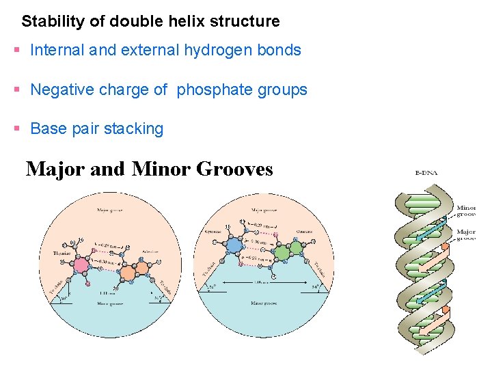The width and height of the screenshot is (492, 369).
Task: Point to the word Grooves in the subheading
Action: tap(234, 168)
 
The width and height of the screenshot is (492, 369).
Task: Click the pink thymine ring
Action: tap(82, 265)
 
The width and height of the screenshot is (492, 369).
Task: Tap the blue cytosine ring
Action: tap(235, 244)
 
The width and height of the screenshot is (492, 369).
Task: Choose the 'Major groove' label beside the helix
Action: tap(466, 235)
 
